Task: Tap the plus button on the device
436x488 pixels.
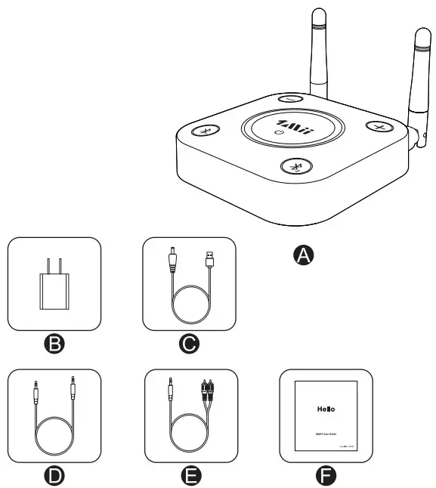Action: pyautogui.click(x=376, y=126)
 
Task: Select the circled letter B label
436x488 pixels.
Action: pyautogui.click(x=54, y=344)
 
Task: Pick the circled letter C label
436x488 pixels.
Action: pyautogui.click(x=190, y=344)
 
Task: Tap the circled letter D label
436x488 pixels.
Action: pyautogui.click(x=54, y=475)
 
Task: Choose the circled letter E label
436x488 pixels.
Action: pyautogui.click(x=190, y=475)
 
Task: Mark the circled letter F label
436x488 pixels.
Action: pyautogui.click(x=326, y=475)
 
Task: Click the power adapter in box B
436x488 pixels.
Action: pyautogui.click(x=53, y=286)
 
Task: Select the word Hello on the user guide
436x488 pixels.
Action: pyautogui.click(x=326, y=409)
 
